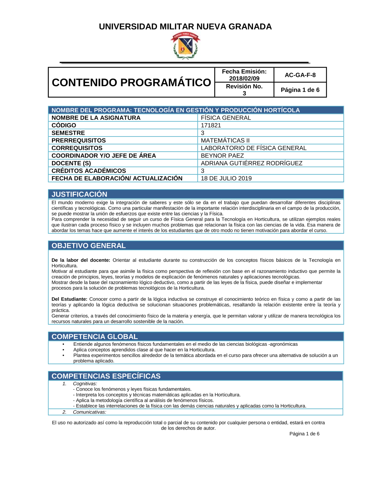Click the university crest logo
point(185,46)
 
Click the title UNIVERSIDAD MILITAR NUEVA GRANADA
point(185,27)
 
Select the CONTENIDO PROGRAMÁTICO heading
point(131,82)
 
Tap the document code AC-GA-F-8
point(300,75)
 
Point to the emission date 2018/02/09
point(244,78)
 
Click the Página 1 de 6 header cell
point(300,90)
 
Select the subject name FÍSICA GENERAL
point(226,118)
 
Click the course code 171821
point(211,125)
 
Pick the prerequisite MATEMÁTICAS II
point(225,141)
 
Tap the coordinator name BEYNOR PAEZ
point(222,156)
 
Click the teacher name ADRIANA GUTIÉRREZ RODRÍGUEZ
point(252,163)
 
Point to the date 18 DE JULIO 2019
point(226,178)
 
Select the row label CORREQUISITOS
point(77,148)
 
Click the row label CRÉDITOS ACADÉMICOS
point(89,171)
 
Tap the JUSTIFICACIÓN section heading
point(79,194)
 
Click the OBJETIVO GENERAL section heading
point(89,246)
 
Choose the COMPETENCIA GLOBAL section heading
point(95,336)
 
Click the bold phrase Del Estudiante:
point(69,299)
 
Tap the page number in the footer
point(304,434)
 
